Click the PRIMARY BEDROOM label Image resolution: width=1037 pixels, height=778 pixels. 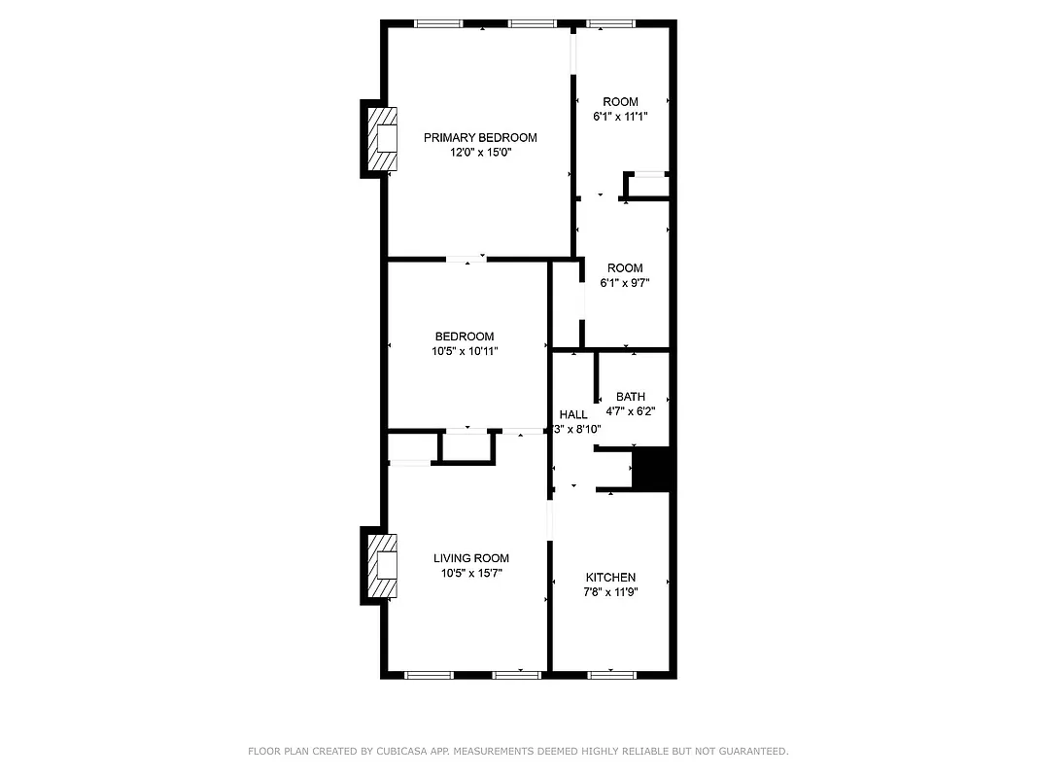[x=479, y=137]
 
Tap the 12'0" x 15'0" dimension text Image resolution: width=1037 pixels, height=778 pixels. [x=479, y=152]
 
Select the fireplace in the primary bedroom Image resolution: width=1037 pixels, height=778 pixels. [x=381, y=138]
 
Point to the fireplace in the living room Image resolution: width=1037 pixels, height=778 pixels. [x=381, y=565]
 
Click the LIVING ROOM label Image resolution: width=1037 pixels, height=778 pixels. [x=471, y=558]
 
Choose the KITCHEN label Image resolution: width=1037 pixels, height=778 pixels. [x=610, y=577]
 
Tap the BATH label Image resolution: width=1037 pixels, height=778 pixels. [x=631, y=396]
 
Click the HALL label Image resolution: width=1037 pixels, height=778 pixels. [x=572, y=414]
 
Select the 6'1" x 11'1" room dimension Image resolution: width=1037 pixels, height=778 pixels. [x=620, y=116]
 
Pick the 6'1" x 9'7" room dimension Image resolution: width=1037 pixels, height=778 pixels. [x=624, y=283]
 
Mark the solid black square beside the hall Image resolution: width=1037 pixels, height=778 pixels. [x=653, y=469]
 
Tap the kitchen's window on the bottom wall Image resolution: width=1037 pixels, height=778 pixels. [x=612, y=673]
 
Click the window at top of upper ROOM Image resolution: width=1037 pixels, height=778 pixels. [x=610, y=23]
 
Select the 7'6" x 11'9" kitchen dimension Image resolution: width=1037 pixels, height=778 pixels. [x=610, y=591]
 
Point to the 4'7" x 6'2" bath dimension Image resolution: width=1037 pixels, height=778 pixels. [x=631, y=410]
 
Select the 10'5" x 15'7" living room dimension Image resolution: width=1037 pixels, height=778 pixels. [x=471, y=573]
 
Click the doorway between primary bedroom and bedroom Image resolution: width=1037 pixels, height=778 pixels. [x=467, y=259]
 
